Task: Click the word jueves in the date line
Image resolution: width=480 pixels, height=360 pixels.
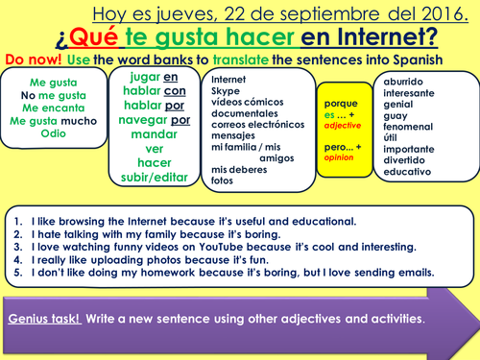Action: click(x=178, y=14)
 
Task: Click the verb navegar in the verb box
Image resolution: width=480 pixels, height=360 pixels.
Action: click(x=143, y=120)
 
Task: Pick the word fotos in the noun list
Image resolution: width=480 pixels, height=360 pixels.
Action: click(x=223, y=180)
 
